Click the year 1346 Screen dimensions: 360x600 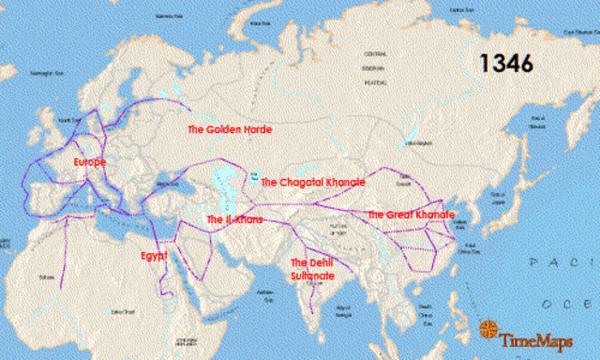coord(506,64)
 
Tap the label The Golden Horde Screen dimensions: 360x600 coord(230,129)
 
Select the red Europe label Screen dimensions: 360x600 coord(90,162)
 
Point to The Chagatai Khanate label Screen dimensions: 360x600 coord(312,182)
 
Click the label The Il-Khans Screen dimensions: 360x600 coord(234,219)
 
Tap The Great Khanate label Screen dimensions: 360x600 coord(412,215)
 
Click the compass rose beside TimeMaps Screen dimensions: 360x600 coord(488,328)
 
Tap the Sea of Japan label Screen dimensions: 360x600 coord(499,193)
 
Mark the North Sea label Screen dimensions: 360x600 coord(69,120)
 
